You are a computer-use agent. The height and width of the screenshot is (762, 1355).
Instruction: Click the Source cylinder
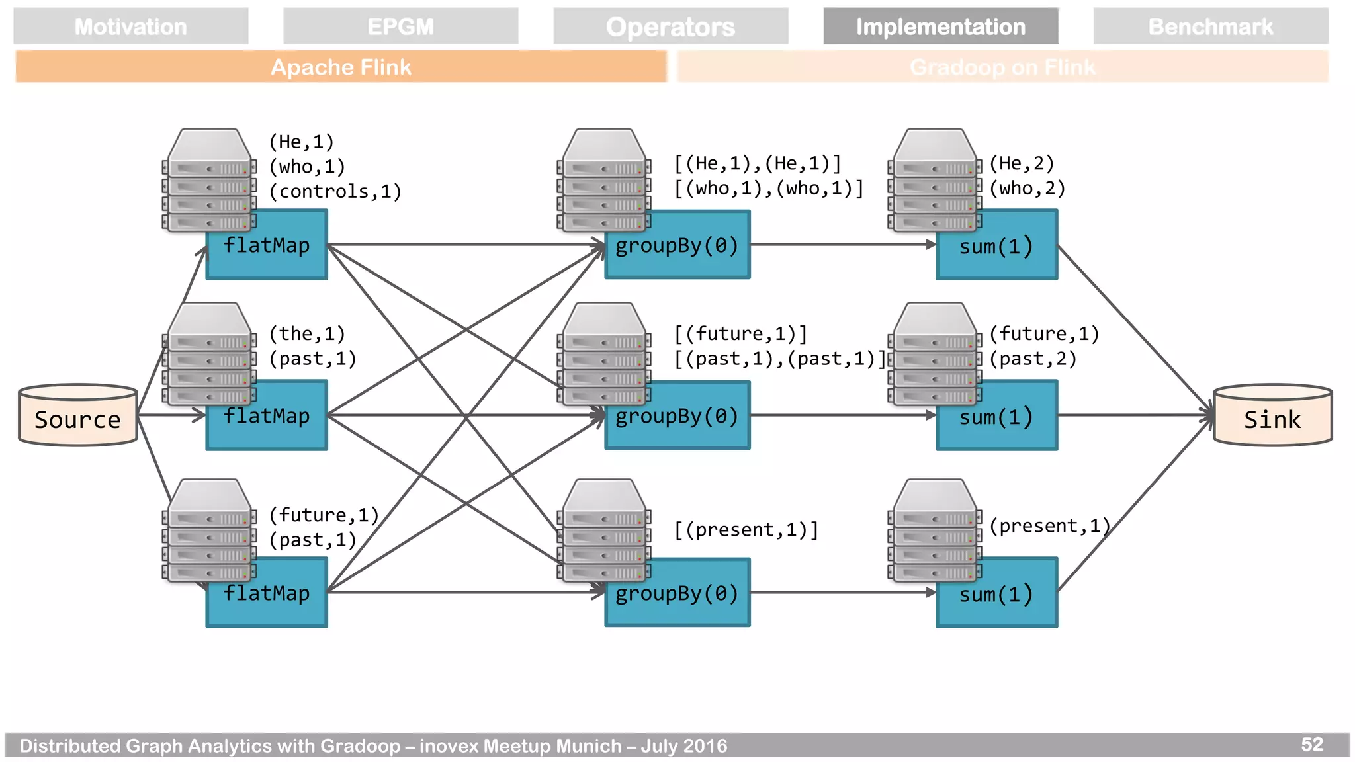[x=78, y=416]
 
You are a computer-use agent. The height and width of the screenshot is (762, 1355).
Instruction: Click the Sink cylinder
[x=1272, y=416]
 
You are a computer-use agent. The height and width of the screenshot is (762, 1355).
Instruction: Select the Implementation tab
[x=940, y=26]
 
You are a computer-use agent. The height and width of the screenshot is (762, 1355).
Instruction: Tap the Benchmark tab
[x=1210, y=26]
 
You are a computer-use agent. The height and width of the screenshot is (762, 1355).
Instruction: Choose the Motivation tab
[x=130, y=26]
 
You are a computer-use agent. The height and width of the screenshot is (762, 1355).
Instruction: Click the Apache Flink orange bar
[x=341, y=67]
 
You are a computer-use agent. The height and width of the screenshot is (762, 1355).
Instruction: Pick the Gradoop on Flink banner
[x=1002, y=67]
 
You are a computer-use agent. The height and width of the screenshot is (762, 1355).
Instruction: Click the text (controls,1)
[x=335, y=192]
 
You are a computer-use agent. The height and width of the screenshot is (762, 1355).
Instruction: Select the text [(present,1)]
[x=746, y=530]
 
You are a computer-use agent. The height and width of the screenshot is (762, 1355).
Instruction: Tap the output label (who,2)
[x=1027, y=189]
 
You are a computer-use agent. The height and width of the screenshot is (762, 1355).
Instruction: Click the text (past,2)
[x=1033, y=359]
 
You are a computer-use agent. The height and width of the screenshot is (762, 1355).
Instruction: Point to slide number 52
[x=1311, y=745]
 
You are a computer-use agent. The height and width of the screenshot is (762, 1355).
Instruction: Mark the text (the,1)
[x=307, y=334]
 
